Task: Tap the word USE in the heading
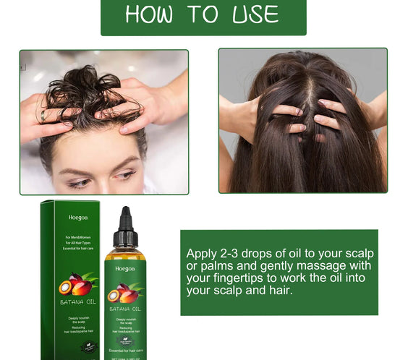(x=253, y=14)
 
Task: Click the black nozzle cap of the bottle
(x=125, y=230)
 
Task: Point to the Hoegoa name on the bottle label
(x=125, y=268)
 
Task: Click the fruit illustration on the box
(x=75, y=284)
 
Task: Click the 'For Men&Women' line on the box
(x=77, y=238)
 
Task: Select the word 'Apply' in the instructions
(x=202, y=254)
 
